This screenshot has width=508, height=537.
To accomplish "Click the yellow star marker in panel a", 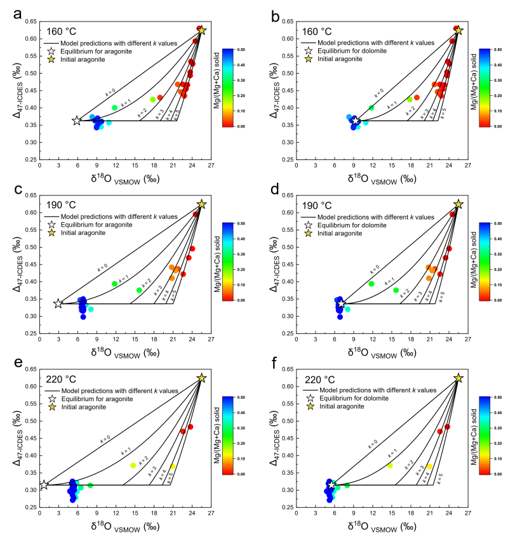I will pyautogui.click(x=202, y=30).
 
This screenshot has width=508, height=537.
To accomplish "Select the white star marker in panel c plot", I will pyautogui.click(x=58, y=303).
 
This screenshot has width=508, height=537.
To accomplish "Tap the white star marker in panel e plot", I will pyautogui.click(x=44, y=485).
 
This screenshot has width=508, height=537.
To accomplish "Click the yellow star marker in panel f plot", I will pyautogui.click(x=458, y=378).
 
